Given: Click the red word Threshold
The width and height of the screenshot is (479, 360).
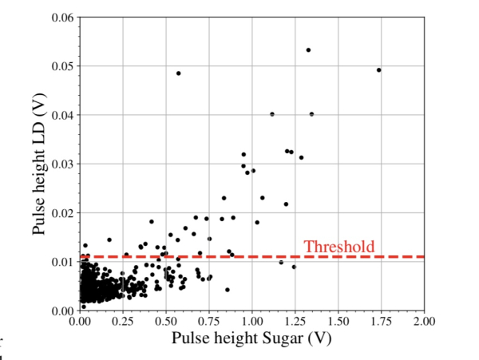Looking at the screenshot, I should pyautogui.click(x=338, y=247).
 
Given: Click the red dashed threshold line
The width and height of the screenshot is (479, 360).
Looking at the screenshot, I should pyautogui.click(x=239, y=256).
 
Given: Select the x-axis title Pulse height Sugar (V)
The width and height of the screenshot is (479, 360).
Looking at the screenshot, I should pyautogui.click(x=251, y=338).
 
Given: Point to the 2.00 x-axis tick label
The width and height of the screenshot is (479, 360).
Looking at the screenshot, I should pyautogui.click(x=424, y=321).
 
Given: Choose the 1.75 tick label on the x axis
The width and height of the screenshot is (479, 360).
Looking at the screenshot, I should pyautogui.click(x=381, y=321).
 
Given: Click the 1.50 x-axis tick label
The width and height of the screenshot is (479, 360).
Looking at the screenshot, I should pyautogui.click(x=338, y=321).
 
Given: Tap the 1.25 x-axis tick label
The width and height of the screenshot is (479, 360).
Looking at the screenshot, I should pyautogui.click(x=295, y=321).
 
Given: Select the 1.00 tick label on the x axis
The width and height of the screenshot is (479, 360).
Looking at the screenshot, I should pyautogui.click(x=251, y=321).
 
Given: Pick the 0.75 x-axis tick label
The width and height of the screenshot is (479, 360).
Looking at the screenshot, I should pyautogui.click(x=208, y=321).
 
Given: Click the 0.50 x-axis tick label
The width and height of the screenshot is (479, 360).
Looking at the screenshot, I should pyautogui.click(x=165, y=321).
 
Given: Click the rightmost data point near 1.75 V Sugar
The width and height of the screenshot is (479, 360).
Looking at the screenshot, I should pyautogui.click(x=378, y=70).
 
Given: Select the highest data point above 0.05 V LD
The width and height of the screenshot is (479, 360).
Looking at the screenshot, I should pyautogui.click(x=308, y=49).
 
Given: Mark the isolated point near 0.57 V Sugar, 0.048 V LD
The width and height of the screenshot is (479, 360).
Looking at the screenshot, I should pyautogui.click(x=178, y=73).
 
